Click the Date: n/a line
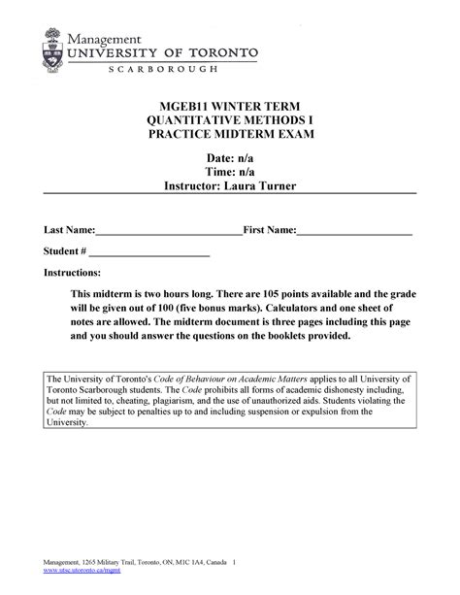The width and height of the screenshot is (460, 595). coord(230,158)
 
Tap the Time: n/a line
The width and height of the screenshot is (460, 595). coord(230,172)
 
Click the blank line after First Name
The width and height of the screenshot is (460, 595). coord(354,233)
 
